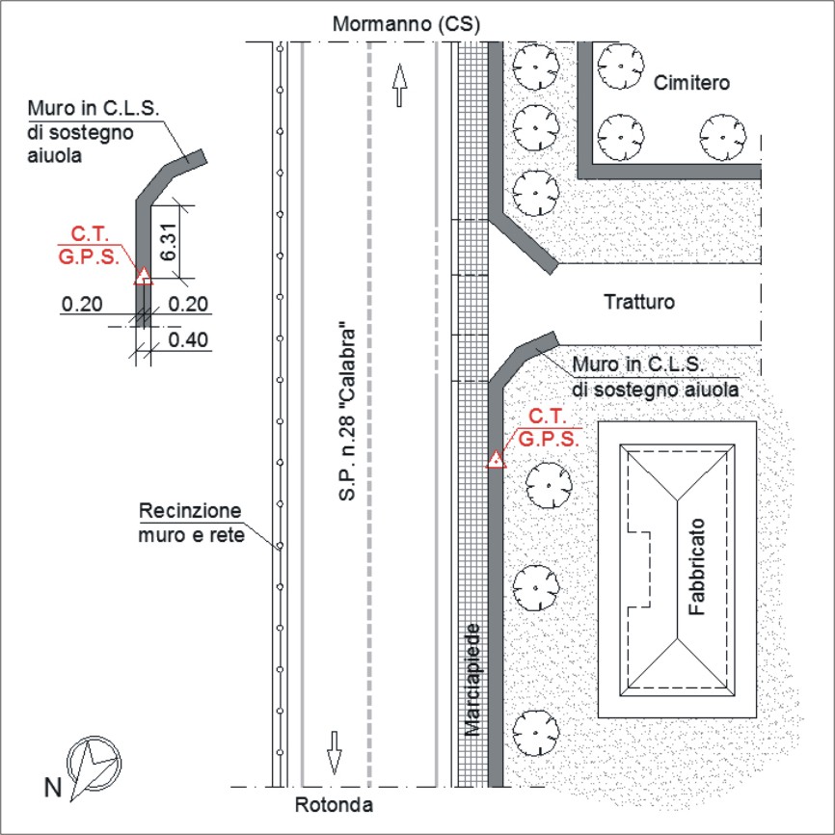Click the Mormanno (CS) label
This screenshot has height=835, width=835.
406,24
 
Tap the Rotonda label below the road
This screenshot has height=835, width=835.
334,805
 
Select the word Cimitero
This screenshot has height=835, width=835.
691,83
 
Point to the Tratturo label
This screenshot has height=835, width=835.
639,302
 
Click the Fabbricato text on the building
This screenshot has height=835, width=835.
696,567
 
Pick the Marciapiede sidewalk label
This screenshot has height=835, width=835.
472,680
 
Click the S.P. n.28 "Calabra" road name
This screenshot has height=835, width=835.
346,414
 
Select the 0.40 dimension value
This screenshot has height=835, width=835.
188,339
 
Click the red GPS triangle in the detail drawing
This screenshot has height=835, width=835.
143,276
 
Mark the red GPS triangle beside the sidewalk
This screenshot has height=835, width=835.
496,459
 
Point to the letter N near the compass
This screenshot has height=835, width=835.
53,788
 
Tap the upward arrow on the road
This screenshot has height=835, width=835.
399,85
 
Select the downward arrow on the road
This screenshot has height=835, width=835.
334,752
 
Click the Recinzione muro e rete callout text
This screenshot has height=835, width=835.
191,523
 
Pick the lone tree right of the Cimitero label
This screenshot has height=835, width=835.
722,137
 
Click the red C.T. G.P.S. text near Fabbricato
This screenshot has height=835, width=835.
549,427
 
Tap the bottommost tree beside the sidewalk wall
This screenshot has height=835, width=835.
536,733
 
